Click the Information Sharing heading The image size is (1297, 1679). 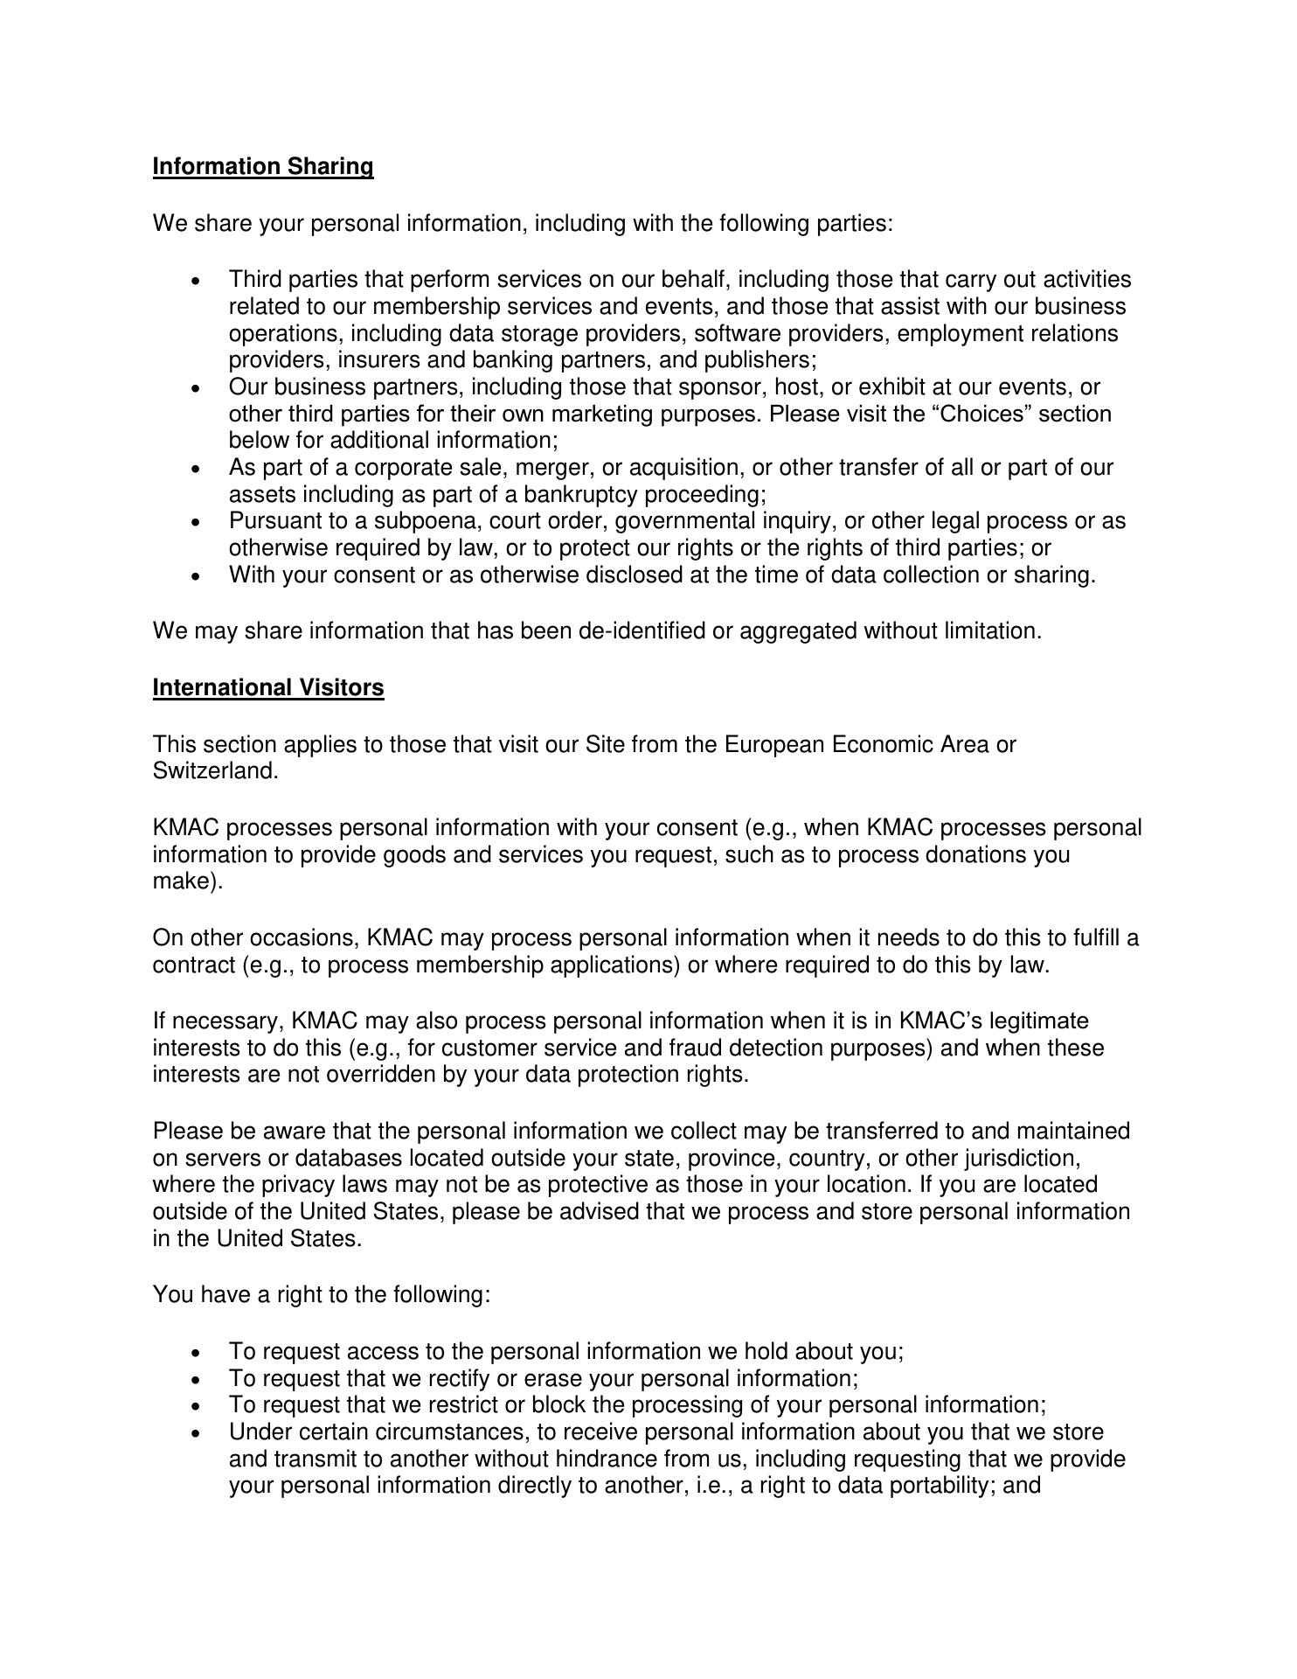pos(263,167)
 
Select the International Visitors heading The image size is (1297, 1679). pos(268,688)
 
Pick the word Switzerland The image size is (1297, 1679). pos(215,772)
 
